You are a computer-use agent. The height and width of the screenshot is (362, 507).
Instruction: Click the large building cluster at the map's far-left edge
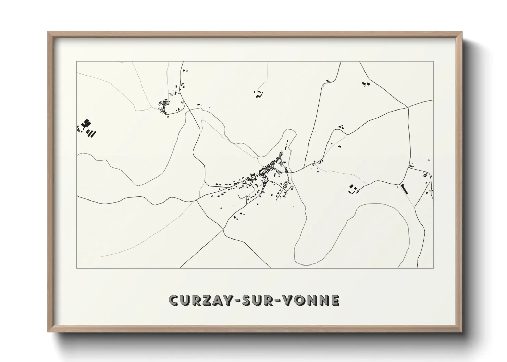87,128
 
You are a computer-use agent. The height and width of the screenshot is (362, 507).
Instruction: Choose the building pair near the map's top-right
366,83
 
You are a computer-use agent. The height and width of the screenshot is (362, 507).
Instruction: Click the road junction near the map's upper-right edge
408,107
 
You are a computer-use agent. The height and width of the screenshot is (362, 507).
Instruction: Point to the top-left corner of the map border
76,62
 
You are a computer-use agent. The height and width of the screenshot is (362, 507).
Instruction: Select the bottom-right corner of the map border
434,268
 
